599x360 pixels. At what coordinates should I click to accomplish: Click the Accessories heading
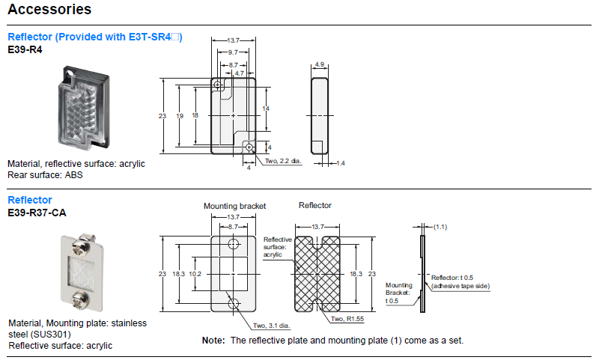[49, 10]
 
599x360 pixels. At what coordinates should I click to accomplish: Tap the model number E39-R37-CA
[37, 213]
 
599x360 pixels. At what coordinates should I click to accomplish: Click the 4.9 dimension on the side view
[319, 65]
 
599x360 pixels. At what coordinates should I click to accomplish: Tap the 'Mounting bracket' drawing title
[234, 205]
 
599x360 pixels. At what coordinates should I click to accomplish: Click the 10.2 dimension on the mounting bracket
[196, 275]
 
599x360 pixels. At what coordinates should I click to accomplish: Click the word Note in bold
[213, 341]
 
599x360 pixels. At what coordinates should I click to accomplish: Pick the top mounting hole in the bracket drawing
[234, 245]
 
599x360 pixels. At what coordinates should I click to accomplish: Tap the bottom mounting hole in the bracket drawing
[234, 303]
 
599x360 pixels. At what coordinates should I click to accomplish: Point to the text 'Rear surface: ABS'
[46, 175]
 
